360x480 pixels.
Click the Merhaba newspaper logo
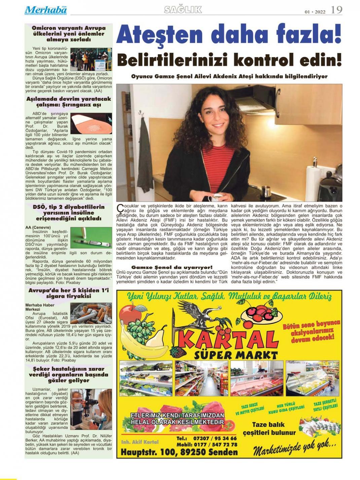pos(46,10)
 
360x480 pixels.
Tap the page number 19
pos(336,10)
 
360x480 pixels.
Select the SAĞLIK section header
pos(183,10)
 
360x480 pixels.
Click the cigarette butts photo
pos(91,313)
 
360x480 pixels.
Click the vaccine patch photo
pos(91,124)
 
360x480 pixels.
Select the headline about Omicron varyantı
pos(69,34)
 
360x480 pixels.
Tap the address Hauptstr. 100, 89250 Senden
pos(179,452)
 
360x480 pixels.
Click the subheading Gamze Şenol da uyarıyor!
pos(172,267)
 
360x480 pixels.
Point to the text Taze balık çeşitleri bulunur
pos(274,428)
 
